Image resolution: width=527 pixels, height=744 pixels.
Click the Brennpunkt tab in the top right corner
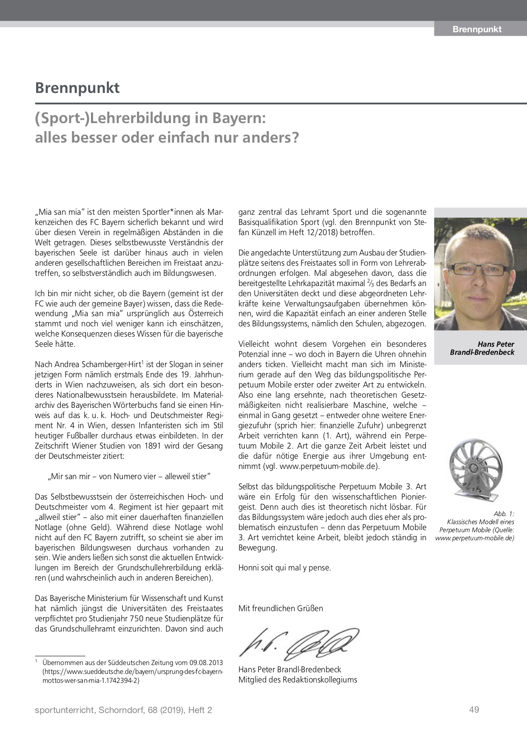[x=476, y=29]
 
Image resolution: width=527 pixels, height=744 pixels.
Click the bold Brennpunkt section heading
[x=77, y=88]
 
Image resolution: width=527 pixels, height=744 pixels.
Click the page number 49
[x=474, y=709]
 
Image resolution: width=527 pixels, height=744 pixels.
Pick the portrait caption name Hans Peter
[x=496, y=344]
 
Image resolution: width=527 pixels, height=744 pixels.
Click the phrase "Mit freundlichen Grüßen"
[x=280, y=608]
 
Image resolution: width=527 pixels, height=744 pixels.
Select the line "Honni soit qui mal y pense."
[x=284, y=567]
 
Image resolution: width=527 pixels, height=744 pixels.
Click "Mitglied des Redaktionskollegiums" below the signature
[x=297, y=679]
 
